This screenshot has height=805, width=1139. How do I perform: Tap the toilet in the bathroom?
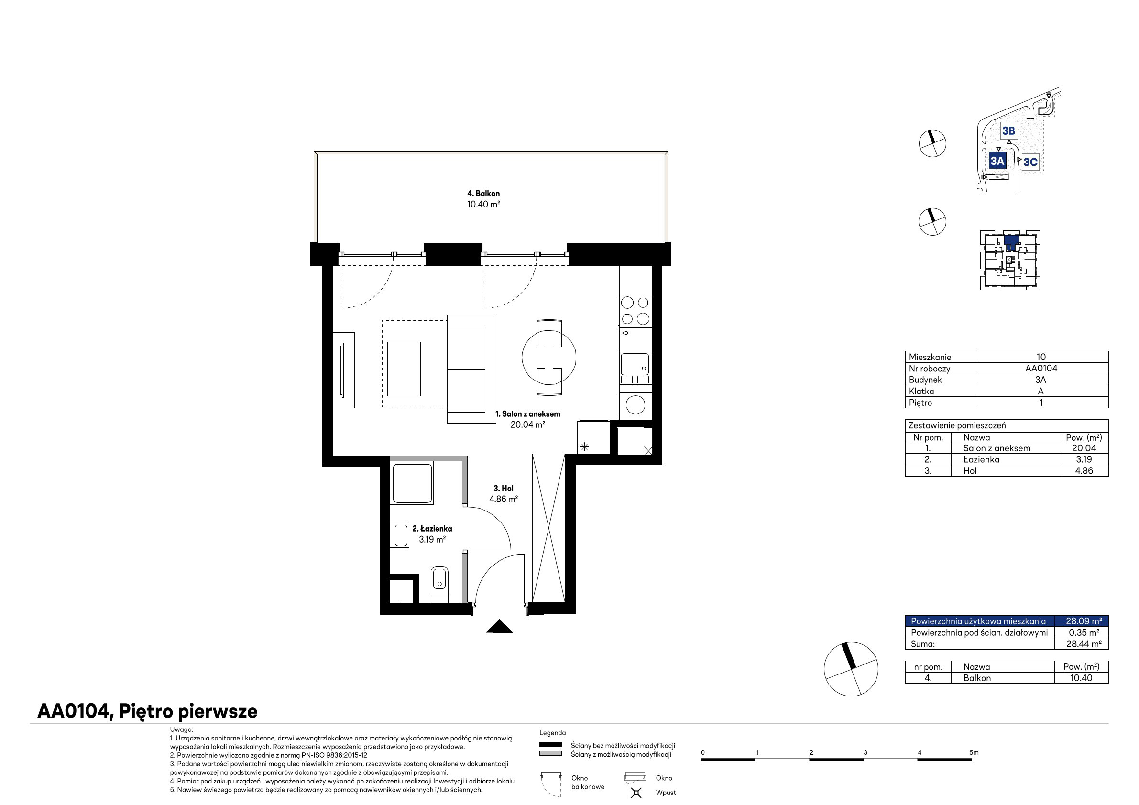[439, 584]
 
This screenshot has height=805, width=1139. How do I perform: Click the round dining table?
[548, 357]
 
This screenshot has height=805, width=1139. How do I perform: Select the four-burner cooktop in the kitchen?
[635, 311]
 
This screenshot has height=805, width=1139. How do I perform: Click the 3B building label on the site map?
[1008, 131]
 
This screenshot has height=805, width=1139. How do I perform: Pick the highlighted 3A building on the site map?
[997, 161]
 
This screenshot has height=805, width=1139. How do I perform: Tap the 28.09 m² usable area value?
[1084, 621]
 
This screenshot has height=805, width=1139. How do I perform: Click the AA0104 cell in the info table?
[1041, 369]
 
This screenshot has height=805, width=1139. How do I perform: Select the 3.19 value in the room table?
[1084, 459]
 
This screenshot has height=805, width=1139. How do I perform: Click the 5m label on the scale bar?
[974, 752]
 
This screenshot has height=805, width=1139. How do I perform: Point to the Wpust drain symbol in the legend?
[636, 793]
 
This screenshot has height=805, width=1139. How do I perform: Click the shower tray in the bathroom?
[412, 484]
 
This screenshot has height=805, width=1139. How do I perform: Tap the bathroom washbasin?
[400, 536]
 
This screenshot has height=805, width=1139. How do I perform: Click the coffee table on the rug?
[404, 369]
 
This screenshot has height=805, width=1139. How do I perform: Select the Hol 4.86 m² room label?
[504, 494]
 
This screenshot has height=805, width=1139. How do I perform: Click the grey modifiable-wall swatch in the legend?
[551, 753]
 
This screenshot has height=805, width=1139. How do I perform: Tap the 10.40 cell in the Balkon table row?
[1081, 678]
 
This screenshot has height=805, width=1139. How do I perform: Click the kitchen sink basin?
[635, 365]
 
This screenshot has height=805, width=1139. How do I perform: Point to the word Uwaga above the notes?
[181, 729]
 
